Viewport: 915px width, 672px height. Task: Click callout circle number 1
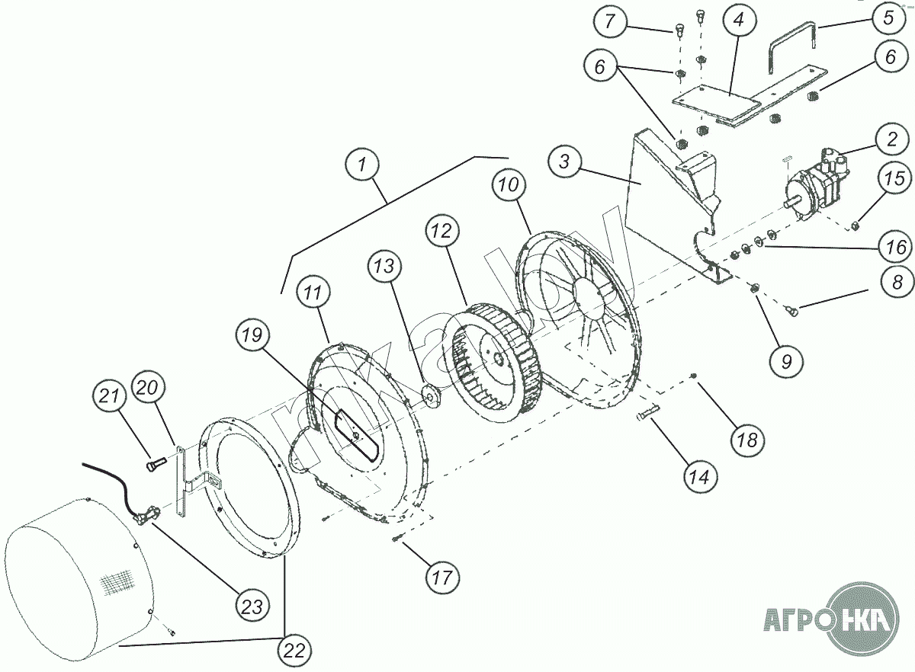click(x=362, y=165)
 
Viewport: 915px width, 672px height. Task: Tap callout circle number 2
click(x=892, y=139)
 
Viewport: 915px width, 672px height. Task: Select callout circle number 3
click(x=564, y=162)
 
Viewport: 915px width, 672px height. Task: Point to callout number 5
click(x=889, y=18)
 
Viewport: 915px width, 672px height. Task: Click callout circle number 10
click(x=509, y=185)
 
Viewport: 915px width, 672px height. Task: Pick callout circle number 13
click(x=384, y=267)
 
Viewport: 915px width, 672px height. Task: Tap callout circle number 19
click(x=252, y=335)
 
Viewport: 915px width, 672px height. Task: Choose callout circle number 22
click(x=294, y=651)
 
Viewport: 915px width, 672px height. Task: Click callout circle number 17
click(x=442, y=578)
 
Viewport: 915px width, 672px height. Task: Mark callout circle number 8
click(x=897, y=282)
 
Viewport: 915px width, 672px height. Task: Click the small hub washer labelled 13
click(x=430, y=398)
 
